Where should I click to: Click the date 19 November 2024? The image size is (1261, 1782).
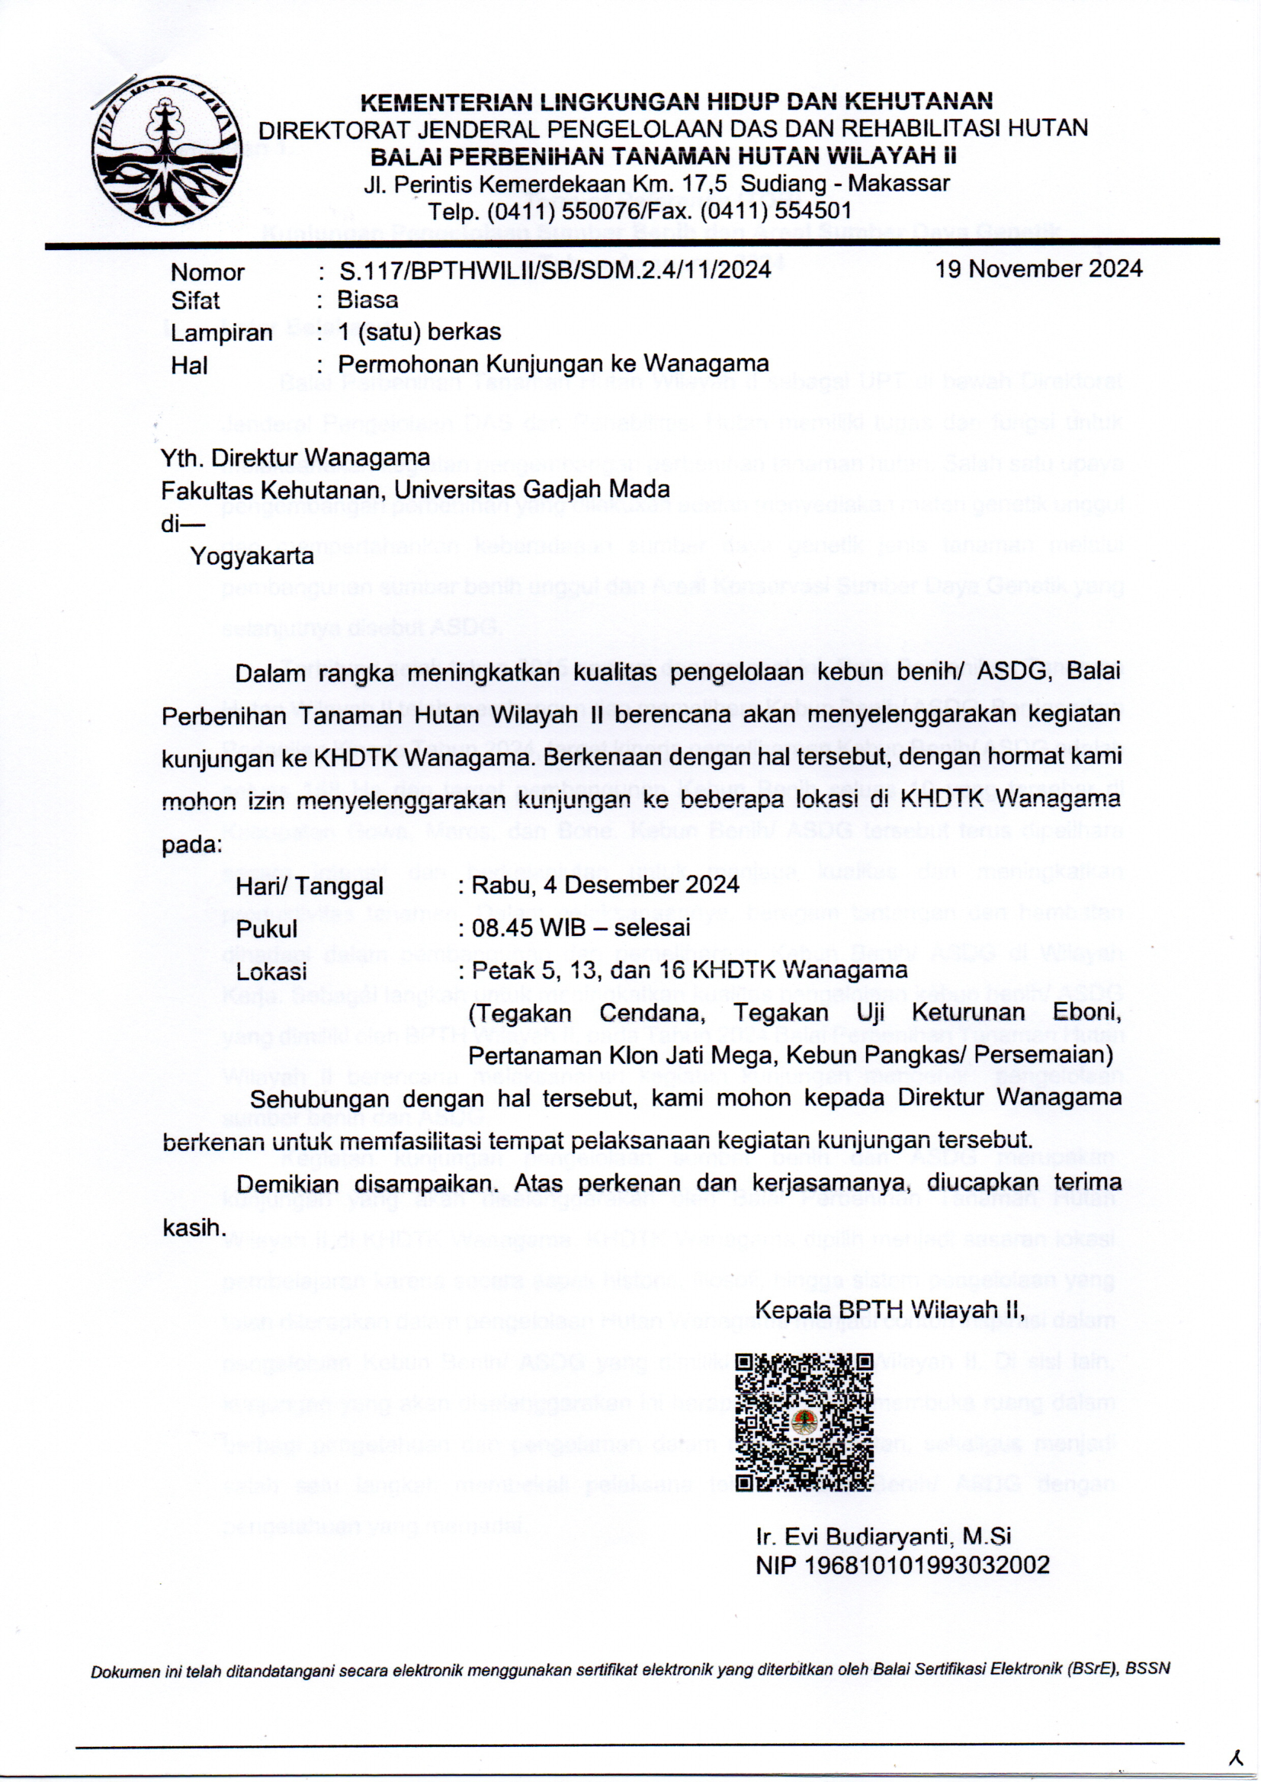point(1038,269)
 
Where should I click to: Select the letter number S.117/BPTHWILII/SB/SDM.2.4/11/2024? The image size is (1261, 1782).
point(554,269)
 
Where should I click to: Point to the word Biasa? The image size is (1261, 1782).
point(367,300)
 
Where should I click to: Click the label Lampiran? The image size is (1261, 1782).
point(221,332)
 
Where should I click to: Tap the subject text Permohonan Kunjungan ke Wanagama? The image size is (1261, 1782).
point(553,364)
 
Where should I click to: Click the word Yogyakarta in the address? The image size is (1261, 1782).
point(252,556)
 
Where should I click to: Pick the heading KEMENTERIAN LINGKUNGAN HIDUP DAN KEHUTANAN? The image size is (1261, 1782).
point(675,101)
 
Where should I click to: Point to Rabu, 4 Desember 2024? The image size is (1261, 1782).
point(605,885)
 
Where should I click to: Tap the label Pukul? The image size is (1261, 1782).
point(266,928)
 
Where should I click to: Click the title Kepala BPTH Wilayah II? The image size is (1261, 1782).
point(890,1310)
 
